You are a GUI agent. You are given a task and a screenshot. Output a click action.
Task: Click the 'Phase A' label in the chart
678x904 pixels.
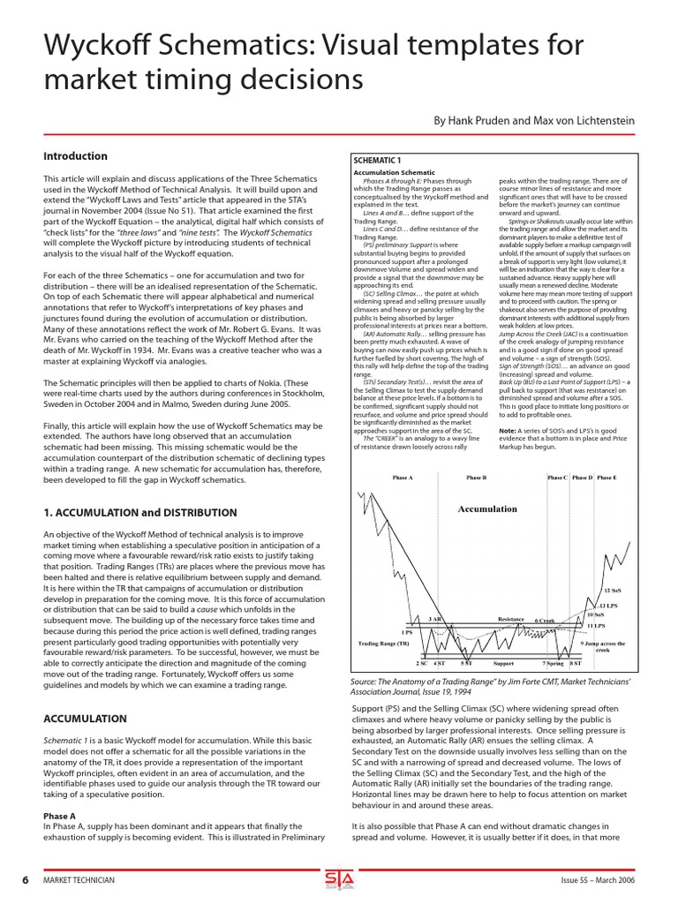pyautogui.click(x=403, y=478)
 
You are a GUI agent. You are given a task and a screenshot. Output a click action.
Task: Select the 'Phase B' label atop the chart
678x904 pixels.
pyautogui.click(x=476, y=478)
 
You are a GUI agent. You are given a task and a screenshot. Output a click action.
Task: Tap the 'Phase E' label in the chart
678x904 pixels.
pyautogui.click(x=606, y=478)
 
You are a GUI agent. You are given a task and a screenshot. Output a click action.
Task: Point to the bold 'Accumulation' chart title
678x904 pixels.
pyautogui.click(x=487, y=508)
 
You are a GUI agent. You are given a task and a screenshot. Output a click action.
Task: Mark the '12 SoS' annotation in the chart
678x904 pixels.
pyautogui.click(x=613, y=590)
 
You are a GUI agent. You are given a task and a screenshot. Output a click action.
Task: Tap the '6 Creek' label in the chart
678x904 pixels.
pyautogui.click(x=545, y=621)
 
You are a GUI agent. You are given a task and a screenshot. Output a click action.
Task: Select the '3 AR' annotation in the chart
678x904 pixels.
pyautogui.click(x=435, y=619)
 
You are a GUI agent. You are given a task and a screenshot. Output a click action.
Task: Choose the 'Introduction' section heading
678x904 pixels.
pyautogui.click(x=76, y=156)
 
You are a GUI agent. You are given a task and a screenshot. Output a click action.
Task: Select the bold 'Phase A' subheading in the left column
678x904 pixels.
pyautogui.click(x=60, y=816)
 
